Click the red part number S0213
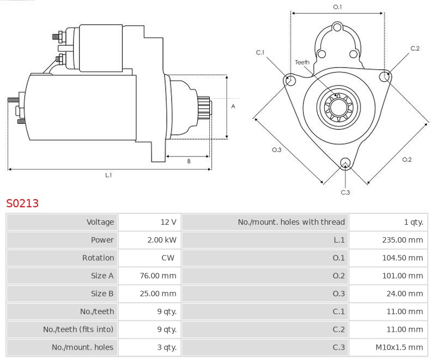pyautogui.click(x=22, y=203)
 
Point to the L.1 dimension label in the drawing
pyautogui.click(x=108, y=175)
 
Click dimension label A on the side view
pyautogui.click(x=233, y=106)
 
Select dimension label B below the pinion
pyautogui.click(x=189, y=161)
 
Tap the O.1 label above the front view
pyautogui.click(x=337, y=7)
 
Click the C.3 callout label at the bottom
pyautogui.click(x=345, y=192)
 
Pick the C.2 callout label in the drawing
pyautogui.click(x=415, y=49)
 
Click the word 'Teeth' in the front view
pyautogui.click(x=302, y=62)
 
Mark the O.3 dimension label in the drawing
pyautogui.click(x=276, y=150)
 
